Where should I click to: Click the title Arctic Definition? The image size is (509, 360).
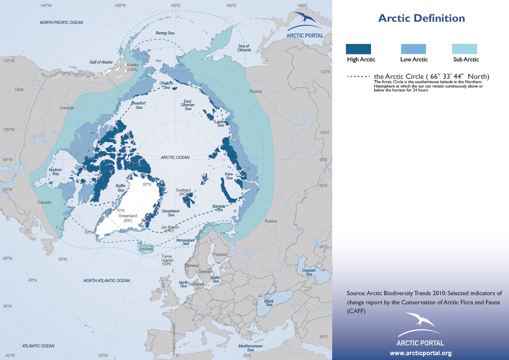click(x=421, y=18)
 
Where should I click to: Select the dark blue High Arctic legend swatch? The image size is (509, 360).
click(x=358, y=49)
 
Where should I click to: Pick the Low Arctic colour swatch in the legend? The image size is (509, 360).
click(x=413, y=49)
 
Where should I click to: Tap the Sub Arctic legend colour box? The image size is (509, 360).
click(x=465, y=49)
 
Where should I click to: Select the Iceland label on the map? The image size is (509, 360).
click(x=147, y=249)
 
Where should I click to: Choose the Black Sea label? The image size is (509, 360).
click(x=269, y=303)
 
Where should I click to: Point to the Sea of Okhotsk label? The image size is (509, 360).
click(x=243, y=48)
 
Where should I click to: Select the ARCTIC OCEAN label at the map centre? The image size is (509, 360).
click(x=175, y=158)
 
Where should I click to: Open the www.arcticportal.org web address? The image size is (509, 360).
click(x=420, y=353)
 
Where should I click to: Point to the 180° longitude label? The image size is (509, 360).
click(x=175, y=6)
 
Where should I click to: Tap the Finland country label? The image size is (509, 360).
click(x=220, y=255)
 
